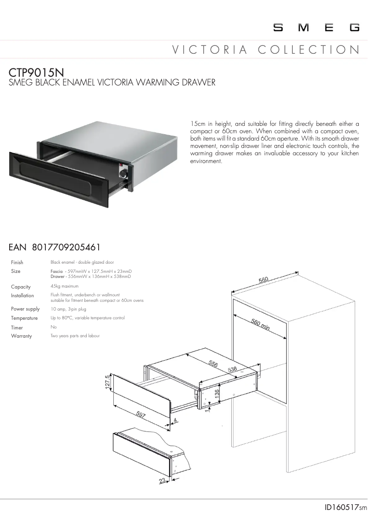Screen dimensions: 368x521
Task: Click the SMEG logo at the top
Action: point(317,28)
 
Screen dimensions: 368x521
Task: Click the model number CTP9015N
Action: point(36,73)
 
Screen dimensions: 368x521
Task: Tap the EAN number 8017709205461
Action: point(66,248)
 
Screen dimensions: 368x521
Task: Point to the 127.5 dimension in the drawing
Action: point(108,383)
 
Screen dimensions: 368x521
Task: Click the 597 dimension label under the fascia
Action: point(141,415)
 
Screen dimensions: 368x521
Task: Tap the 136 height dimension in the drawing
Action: point(217,394)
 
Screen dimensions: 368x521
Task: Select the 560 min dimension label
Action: point(260,324)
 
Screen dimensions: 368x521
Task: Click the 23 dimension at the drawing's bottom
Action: point(162,481)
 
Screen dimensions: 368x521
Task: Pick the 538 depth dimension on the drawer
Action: point(232,369)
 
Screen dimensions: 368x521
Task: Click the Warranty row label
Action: point(22,336)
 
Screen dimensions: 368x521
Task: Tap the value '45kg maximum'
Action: point(64,286)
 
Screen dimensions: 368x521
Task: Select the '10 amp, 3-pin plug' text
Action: point(68,309)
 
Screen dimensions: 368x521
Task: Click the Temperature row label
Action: point(24,318)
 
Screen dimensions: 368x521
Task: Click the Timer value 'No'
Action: point(53,327)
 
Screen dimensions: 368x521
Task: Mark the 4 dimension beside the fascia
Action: point(176,420)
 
